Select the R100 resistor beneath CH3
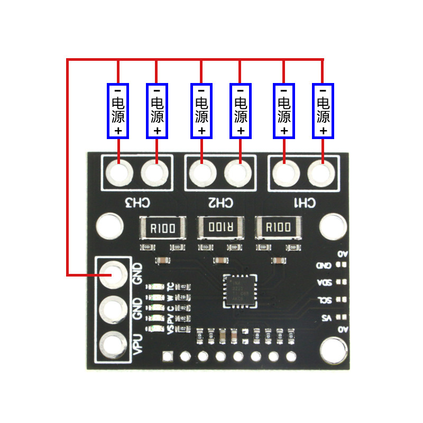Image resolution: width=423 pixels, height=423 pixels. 163,228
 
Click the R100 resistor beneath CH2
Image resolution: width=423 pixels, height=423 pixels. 221,228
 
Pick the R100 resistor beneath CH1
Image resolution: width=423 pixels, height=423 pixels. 278,228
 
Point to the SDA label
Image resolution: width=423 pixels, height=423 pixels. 324,282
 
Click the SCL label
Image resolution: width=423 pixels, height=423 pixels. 324,300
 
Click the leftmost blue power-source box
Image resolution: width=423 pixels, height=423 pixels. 118,111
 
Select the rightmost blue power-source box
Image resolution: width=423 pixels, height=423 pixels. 323,111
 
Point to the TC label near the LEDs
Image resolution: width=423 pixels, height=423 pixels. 170,287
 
